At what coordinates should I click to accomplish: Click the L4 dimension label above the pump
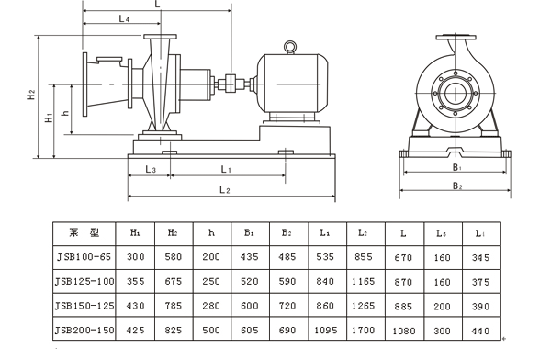coord(124,18)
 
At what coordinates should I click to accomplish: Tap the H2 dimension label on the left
coord(31,95)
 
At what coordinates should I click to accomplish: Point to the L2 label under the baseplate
coord(225,190)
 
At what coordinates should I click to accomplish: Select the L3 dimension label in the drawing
coord(151,170)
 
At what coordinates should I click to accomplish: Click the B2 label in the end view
coord(456,186)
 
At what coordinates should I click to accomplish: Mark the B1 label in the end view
coord(456,167)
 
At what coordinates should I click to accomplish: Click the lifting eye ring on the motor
coord(290,47)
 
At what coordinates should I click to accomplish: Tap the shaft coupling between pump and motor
coord(231,84)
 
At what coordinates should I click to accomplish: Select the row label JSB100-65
coord(84,257)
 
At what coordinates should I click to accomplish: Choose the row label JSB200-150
coord(84,330)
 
